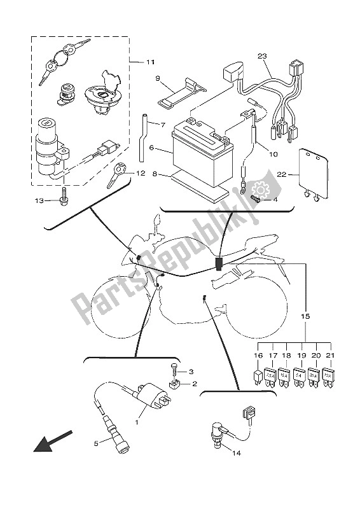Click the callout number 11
150,62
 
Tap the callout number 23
261,56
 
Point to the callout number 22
280,174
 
